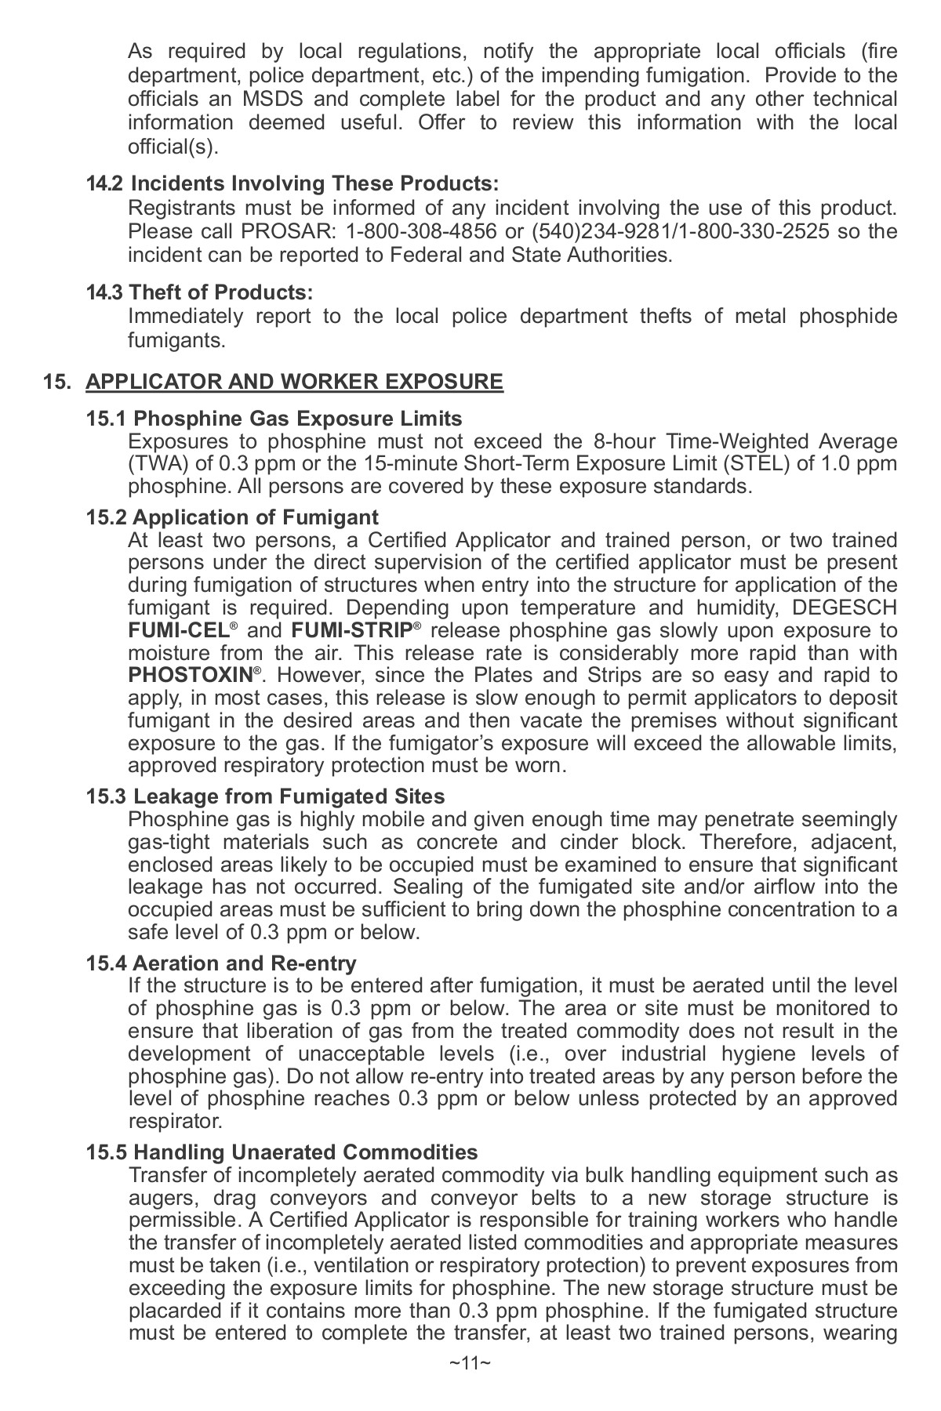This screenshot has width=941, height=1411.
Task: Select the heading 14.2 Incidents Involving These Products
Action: [292, 183]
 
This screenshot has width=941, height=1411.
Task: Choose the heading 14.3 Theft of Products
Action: [199, 292]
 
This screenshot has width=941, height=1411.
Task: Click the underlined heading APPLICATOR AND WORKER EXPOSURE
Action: [294, 382]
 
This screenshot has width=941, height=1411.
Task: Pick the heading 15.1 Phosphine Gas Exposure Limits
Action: [274, 419]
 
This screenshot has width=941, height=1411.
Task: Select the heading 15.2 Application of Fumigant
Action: [232, 517]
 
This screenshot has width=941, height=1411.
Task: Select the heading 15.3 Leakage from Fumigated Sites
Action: [265, 796]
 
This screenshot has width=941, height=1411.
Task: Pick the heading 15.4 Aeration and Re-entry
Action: [221, 963]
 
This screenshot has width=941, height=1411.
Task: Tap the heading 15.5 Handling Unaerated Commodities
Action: [282, 1152]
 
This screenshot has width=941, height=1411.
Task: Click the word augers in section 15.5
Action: [160, 1198]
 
